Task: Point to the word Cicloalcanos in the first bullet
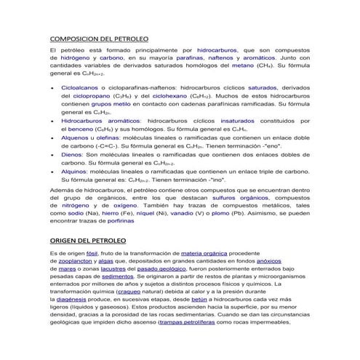pos(82,87)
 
